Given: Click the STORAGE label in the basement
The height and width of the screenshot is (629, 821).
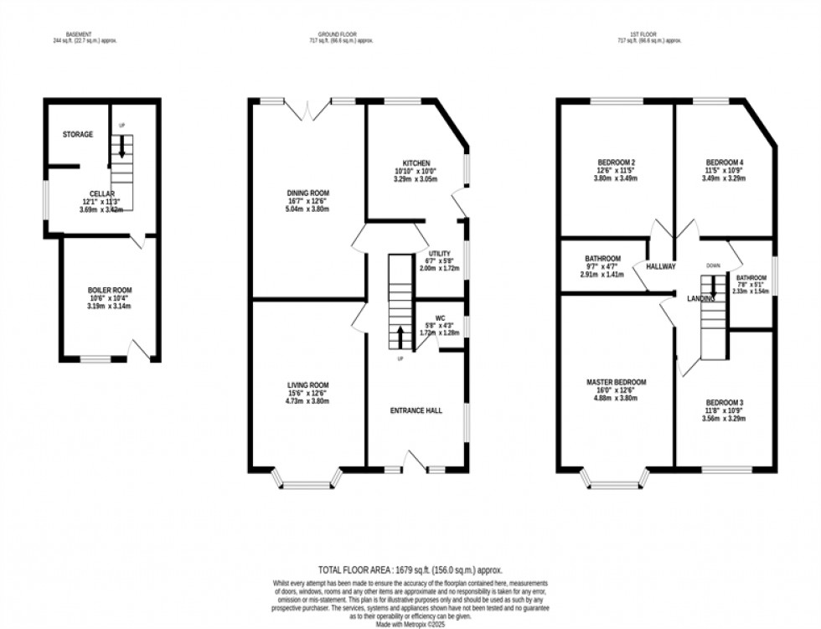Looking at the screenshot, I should pyautogui.click(x=77, y=135).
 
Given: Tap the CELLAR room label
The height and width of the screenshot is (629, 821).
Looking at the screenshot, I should pyautogui.click(x=102, y=193).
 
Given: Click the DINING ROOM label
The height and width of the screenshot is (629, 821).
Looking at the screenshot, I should pyautogui.click(x=308, y=193).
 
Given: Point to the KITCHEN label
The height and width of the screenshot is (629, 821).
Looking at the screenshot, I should pyautogui.click(x=416, y=162).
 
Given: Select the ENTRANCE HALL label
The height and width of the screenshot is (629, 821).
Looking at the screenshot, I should pyautogui.click(x=415, y=410).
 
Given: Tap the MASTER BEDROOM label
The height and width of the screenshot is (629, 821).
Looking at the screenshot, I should pyautogui.click(x=616, y=382).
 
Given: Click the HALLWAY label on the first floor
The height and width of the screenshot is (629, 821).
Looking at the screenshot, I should pyautogui.click(x=660, y=266).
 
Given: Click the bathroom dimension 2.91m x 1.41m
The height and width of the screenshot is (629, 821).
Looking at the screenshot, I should pyautogui.click(x=603, y=274).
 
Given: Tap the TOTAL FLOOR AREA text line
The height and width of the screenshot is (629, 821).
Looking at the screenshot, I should pyautogui.click(x=410, y=568).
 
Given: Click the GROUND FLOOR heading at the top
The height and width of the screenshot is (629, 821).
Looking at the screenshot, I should pyautogui.click(x=332, y=34).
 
